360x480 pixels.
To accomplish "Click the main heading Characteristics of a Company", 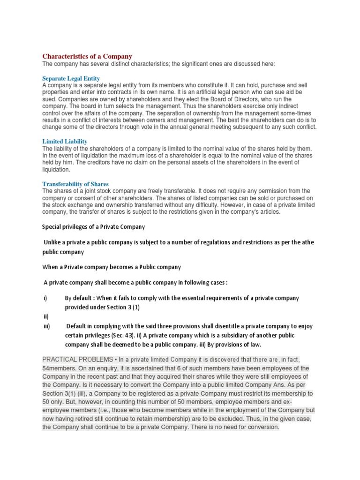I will tap(87, 56).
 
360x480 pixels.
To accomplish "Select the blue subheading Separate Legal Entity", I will tap(71, 78).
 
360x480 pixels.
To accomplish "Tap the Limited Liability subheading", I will tap(65, 141).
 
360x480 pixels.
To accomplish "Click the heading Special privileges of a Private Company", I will tap(94, 227).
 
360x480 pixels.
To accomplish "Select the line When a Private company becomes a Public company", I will tap(112, 267).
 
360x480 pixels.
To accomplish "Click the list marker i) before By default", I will tap(45, 298).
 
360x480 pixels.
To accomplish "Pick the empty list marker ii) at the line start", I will tap(45, 316).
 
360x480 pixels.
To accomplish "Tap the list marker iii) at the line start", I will tap(46, 326).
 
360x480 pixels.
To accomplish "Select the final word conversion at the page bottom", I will tap(262, 427).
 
